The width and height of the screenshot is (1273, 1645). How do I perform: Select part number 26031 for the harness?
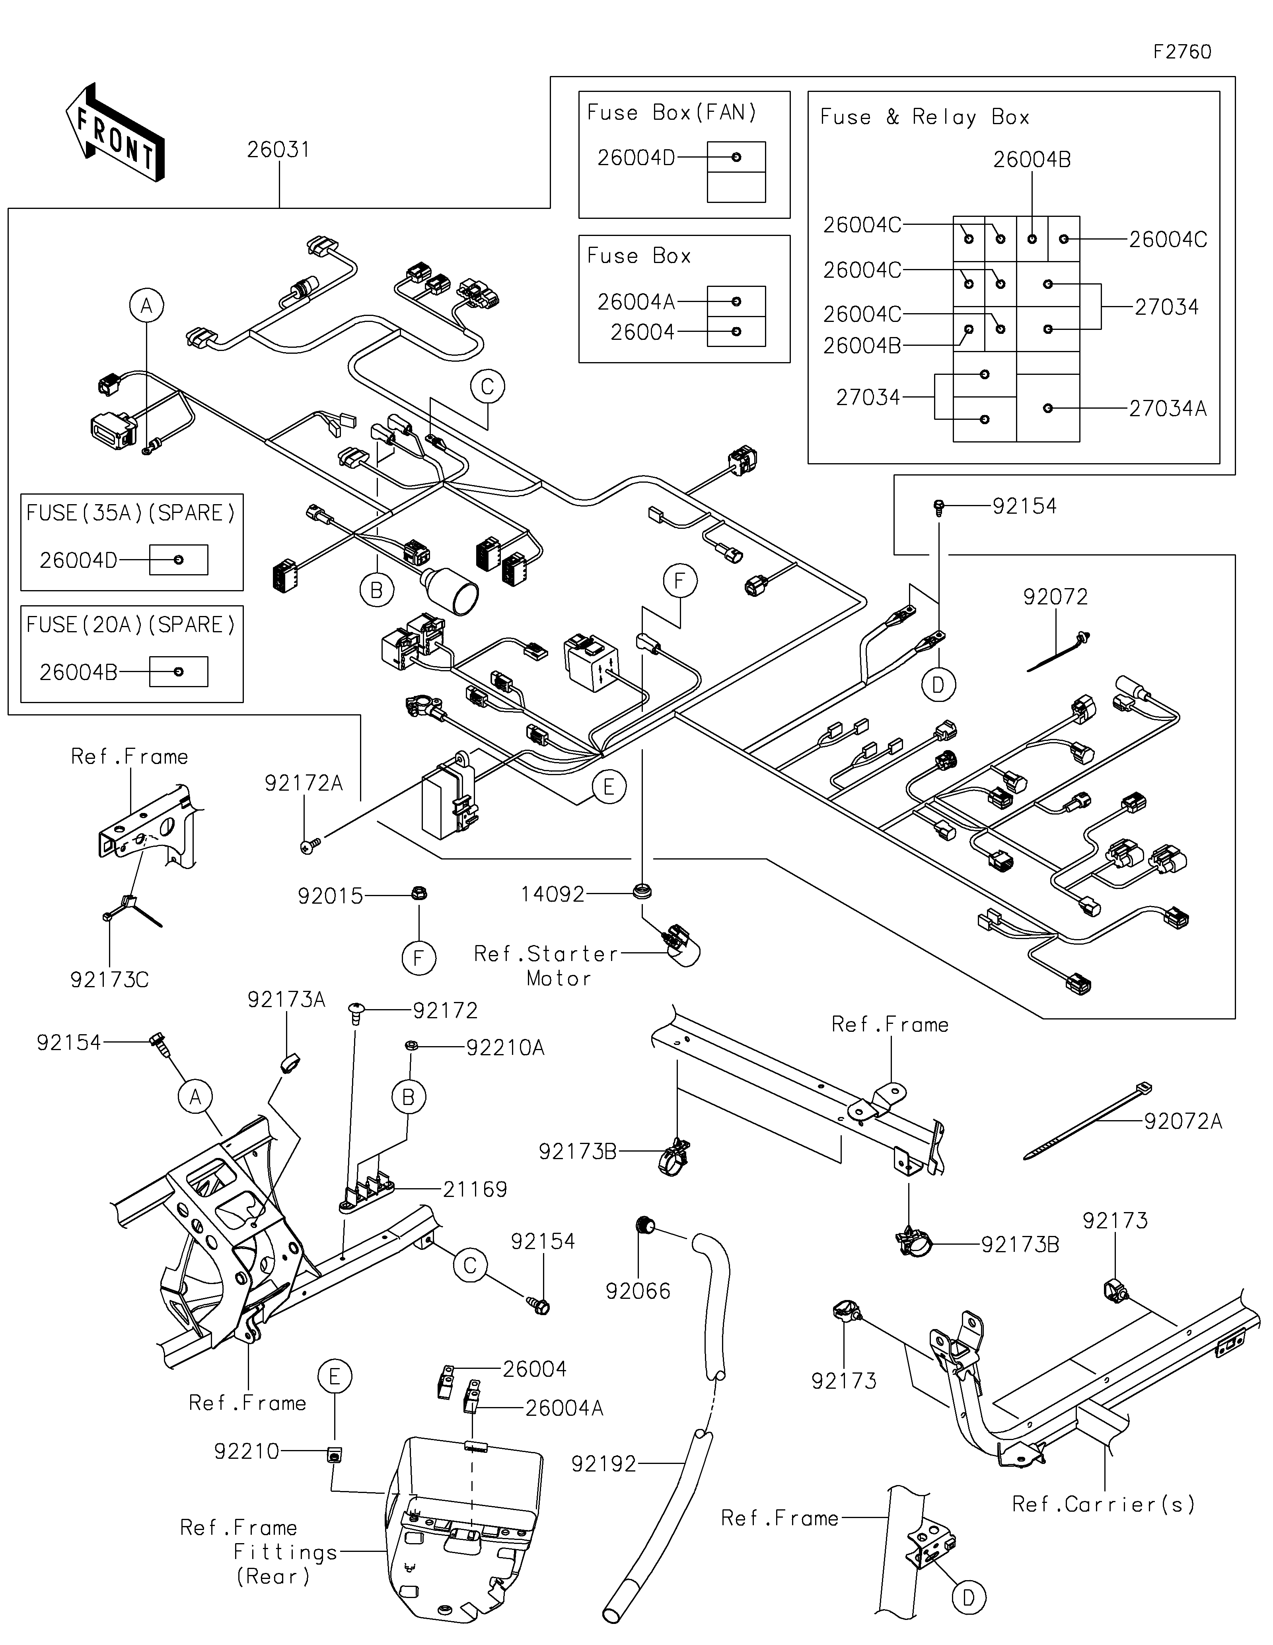278,150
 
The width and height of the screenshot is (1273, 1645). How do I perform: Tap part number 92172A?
304,784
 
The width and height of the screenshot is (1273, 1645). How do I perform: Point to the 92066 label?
638,1291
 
